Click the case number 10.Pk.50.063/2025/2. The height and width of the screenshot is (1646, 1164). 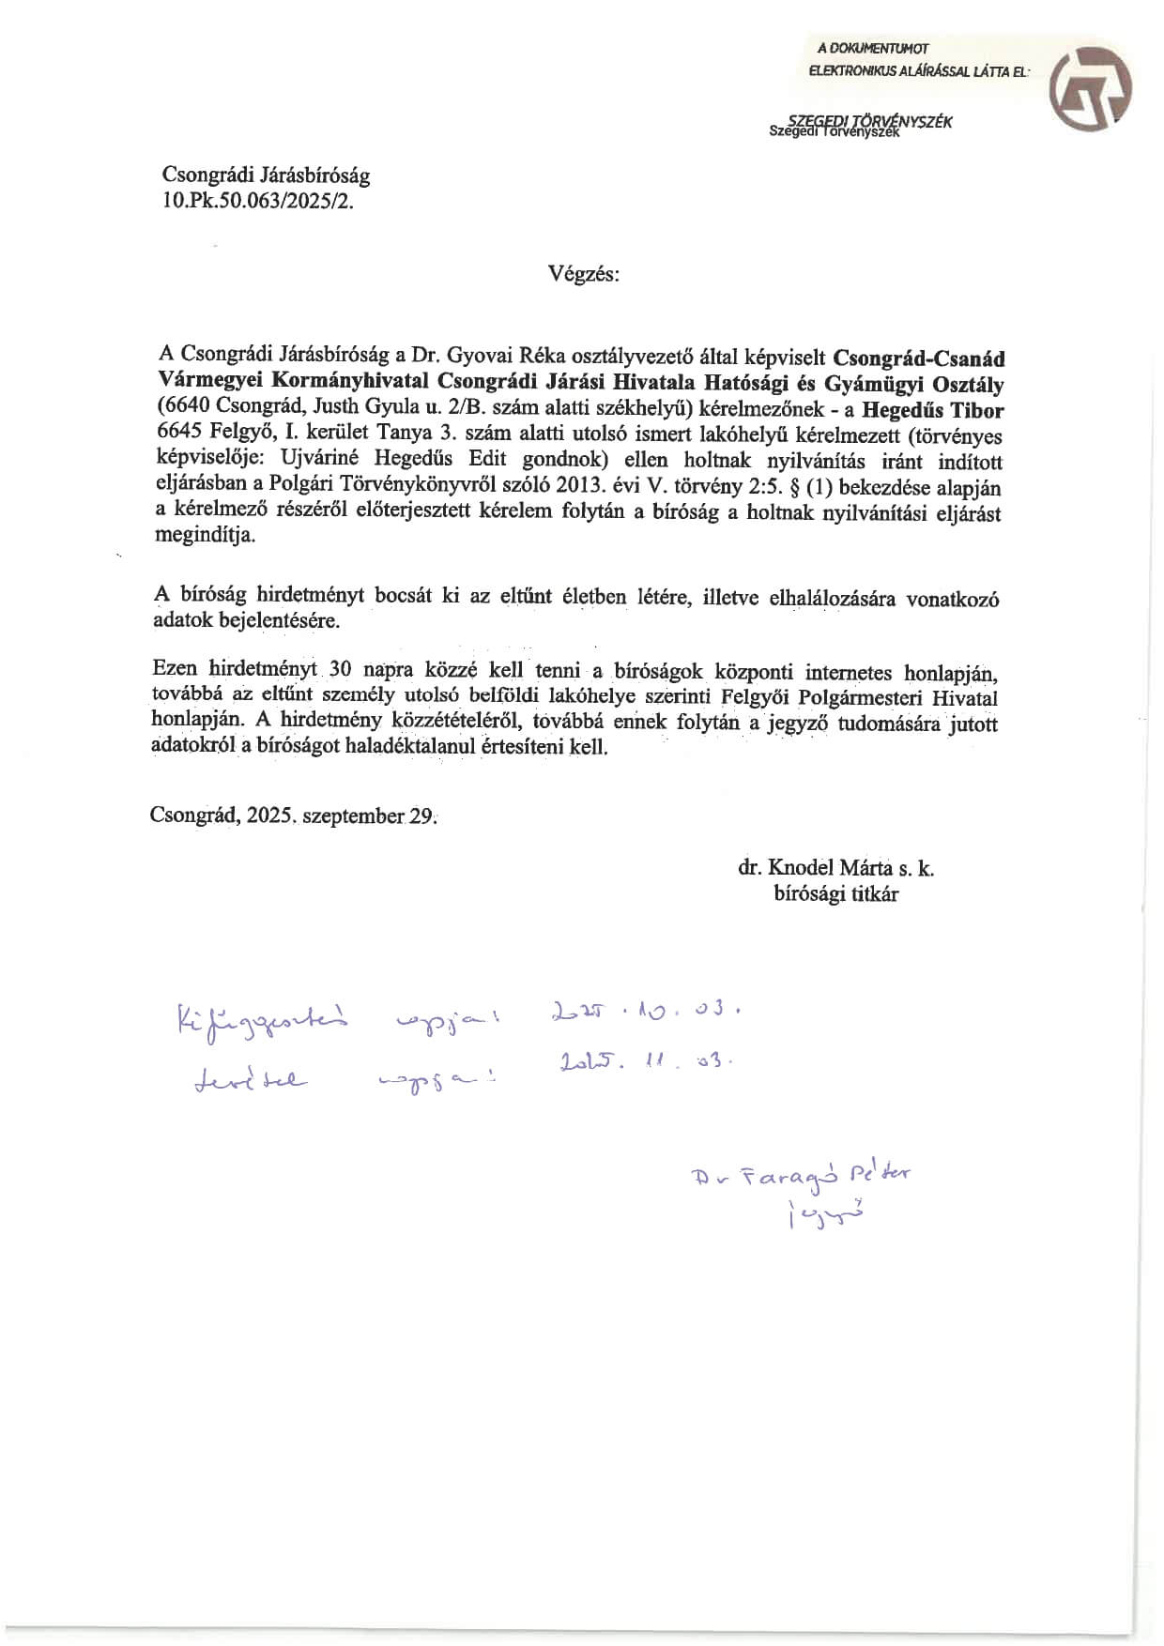[x=258, y=201]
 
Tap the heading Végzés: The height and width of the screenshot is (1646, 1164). [x=584, y=274]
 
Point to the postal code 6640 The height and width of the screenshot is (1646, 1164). [x=184, y=409]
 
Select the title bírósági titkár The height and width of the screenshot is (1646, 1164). [x=835, y=894]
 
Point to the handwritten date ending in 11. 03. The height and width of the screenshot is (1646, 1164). [x=643, y=1062]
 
